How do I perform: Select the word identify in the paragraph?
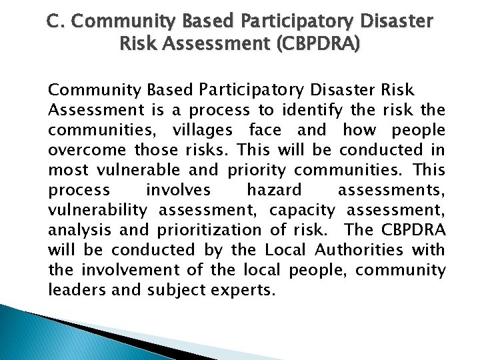click(307, 109)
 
